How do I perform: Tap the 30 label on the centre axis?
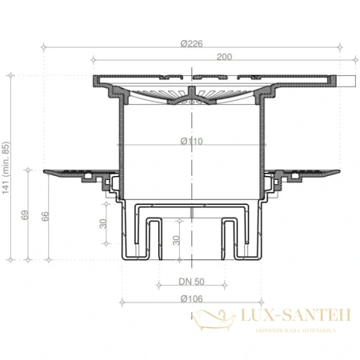coord(178,238)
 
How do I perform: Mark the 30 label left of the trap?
coord(103,224)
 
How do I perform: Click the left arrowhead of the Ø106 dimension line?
coord(122,302)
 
